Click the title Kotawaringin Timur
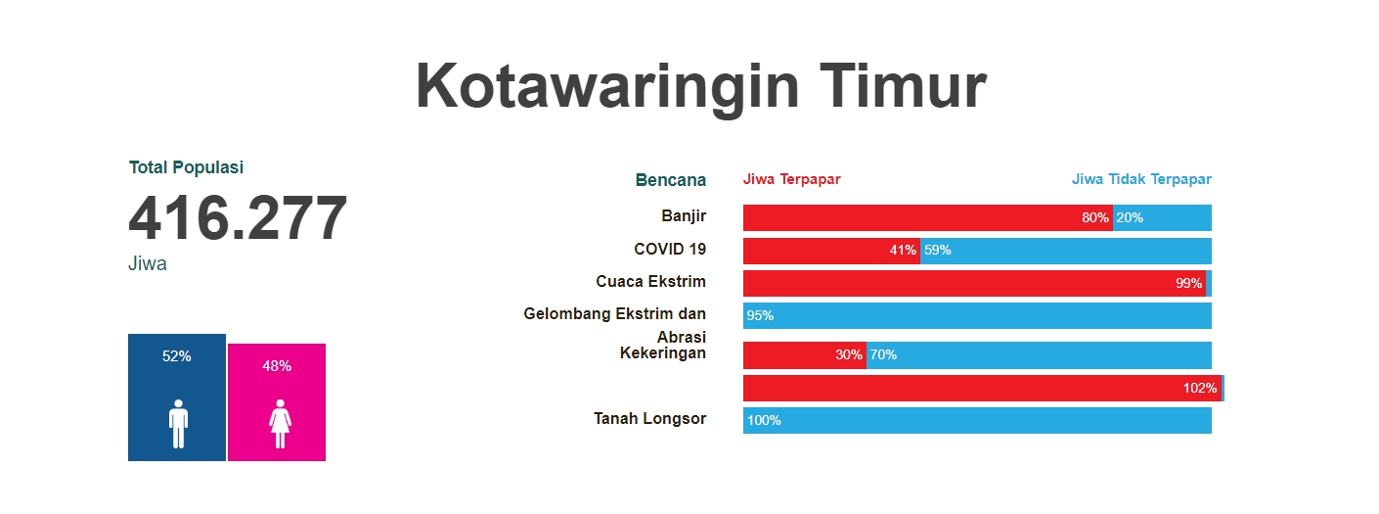[700, 86]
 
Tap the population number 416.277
[238, 218]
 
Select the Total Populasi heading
[186, 167]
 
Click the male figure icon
[177, 423]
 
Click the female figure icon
[280, 423]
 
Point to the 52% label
[177, 356]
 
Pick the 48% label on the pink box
[277, 366]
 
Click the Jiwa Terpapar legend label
[791, 179]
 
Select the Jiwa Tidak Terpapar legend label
[1140, 179]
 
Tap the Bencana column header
[670, 180]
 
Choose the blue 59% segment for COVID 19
[1066, 251]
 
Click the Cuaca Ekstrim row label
[650, 282]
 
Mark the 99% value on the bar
[1188, 284]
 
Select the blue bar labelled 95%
[978, 315]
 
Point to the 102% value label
[1199, 388]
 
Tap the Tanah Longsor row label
[649, 419]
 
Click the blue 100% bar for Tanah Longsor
[978, 421]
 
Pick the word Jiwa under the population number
[147, 264]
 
